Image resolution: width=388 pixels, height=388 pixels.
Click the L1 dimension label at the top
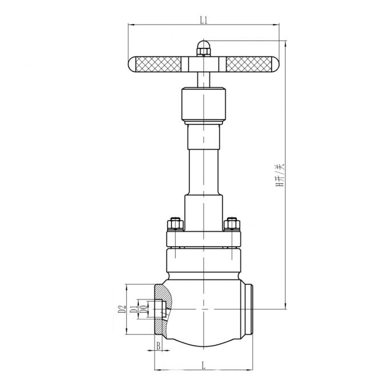click(203, 20)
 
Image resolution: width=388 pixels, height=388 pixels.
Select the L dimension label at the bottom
click(203, 365)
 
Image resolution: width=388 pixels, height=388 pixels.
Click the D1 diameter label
click(134, 310)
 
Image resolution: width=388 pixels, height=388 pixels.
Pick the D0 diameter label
click(143, 310)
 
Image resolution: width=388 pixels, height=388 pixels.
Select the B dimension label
click(158, 346)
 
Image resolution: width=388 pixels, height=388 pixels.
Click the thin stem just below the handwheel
click(203, 77)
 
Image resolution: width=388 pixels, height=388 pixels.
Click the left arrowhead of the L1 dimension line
click(129, 25)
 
